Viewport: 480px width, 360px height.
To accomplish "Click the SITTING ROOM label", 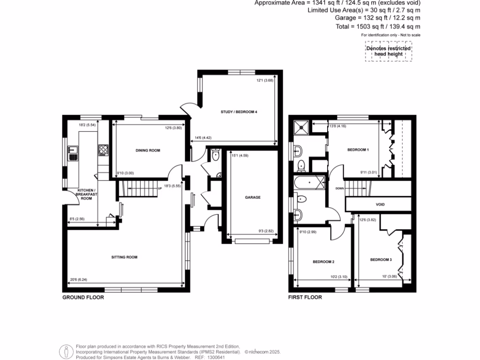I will (124, 257).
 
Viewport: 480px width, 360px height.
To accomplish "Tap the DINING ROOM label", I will (148, 150).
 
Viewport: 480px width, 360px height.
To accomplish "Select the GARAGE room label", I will (253, 197).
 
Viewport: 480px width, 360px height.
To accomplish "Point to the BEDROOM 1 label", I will (358, 150).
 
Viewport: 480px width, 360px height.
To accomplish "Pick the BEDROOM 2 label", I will (323, 262).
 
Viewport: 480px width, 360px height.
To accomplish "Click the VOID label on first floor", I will (380, 205).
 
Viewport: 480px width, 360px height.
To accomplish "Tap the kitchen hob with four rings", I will (103, 150).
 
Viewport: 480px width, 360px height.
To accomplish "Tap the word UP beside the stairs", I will (160, 188).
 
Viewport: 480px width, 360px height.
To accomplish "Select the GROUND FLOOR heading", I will (83, 297).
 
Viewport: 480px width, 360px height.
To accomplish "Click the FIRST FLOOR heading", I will (305, 297).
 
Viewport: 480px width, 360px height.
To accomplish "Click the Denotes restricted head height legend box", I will (388, 51).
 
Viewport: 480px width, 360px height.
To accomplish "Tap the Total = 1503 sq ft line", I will (378, 27).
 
